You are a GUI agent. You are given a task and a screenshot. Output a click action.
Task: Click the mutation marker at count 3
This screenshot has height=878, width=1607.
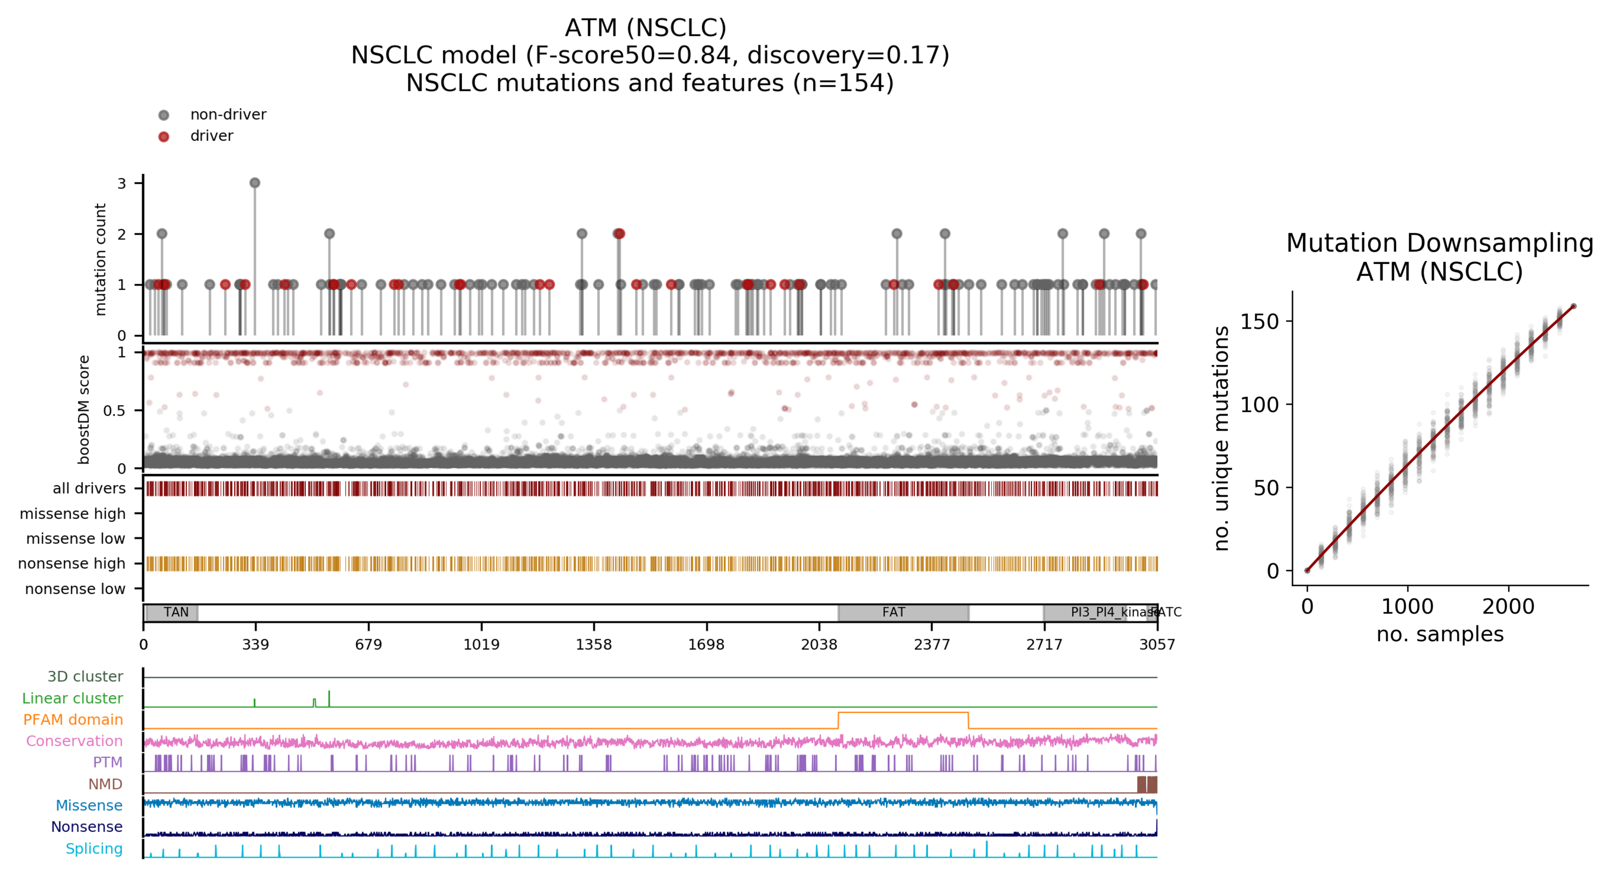(x=255, y=183)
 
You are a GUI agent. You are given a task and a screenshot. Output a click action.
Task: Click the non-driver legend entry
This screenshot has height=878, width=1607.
(x=228, y=115)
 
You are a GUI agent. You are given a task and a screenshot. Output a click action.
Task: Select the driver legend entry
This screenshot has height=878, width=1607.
(x=211, y=136)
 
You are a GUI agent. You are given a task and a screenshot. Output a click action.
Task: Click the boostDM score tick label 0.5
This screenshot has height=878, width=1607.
(x=114, y=411)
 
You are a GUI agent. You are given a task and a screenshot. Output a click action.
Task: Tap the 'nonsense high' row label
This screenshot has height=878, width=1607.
(x=72, y=564)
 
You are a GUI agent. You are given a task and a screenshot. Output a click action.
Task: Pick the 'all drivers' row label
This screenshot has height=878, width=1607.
(x=89, y=488)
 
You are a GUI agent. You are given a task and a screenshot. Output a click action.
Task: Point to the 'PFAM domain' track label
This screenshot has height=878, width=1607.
(x=73, y=719)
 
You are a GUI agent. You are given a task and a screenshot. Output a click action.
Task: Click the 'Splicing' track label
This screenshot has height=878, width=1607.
(x=94, y=849)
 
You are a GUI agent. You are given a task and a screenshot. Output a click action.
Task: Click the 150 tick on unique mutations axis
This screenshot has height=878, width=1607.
(x=1259, y=322)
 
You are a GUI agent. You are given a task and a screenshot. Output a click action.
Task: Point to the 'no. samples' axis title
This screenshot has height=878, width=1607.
(x=1439, y=634)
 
